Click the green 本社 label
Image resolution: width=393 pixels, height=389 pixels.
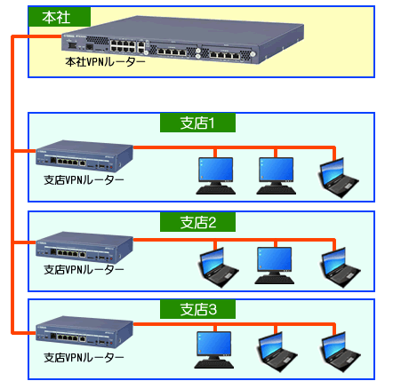[60, 17]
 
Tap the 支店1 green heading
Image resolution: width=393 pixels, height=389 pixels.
[197, 123]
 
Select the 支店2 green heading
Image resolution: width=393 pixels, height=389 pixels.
[197, 222]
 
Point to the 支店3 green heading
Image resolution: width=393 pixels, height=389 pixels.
[197, 309]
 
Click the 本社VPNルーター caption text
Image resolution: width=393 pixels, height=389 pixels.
[105, 62]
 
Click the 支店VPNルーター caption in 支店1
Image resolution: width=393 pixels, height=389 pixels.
[84, 180]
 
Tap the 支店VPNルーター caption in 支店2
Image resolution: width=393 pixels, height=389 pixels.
[84, 270]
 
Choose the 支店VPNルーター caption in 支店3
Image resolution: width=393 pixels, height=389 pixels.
[84, 358]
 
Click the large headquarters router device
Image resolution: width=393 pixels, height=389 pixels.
[182, 39]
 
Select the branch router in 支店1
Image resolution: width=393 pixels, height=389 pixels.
[84, 156]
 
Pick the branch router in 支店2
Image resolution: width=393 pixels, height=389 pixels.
[84, 248]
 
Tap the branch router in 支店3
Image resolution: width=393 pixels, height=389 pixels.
[84, 332]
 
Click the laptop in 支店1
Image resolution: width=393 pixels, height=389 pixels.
[338, 178]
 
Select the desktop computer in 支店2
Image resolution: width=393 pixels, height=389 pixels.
[275, 266]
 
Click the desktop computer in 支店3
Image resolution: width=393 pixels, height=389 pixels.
[214, 350]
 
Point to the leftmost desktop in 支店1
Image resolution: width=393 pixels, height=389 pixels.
[216, 176]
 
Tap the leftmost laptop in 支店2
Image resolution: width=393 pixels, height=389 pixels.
[218, 267]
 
